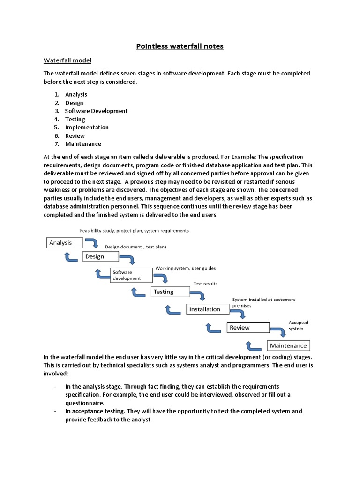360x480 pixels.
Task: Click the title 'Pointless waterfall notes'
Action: (180, 46)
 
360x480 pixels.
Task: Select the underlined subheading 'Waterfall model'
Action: (67, 60)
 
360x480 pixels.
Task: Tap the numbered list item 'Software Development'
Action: (96, 111)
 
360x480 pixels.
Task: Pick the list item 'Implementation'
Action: (87, 127)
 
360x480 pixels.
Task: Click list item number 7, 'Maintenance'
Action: (83, 144)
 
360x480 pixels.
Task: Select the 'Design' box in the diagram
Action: (100, 256)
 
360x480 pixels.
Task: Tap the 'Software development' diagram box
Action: (131, 275)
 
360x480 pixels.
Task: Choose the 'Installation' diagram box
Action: (208, 309)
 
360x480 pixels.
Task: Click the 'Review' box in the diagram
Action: (248, 328)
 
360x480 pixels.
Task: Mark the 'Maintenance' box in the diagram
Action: (288, 346)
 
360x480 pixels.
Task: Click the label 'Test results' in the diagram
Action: (205, 284)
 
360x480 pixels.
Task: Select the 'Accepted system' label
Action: (298, 325)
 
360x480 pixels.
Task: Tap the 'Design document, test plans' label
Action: (135, 247)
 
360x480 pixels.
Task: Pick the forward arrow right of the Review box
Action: (279, 331)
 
